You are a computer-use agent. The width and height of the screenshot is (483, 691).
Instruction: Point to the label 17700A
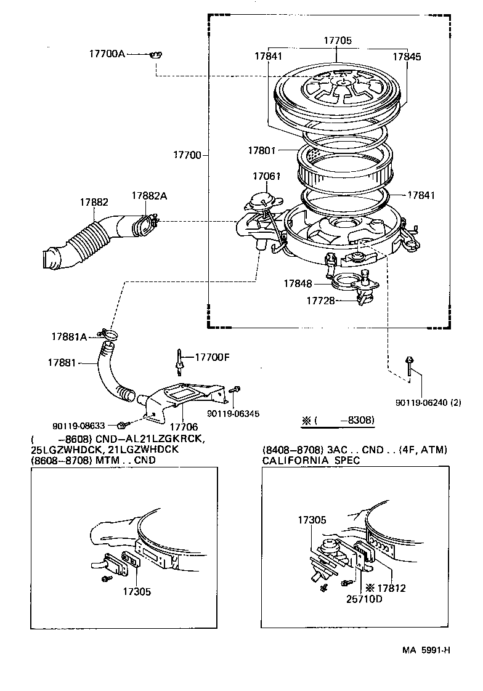(x=107, y=54)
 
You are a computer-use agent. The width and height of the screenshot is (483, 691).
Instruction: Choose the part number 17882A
(x=149, y=196)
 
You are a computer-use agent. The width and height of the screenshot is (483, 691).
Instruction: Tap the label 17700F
(x=213, y=357)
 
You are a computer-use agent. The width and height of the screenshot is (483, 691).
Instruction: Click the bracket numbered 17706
(x=179, y=400)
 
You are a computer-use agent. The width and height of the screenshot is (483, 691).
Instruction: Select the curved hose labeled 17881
(x=105, y=376)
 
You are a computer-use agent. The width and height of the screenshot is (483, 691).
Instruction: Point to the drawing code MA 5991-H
(x=428, y=650)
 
